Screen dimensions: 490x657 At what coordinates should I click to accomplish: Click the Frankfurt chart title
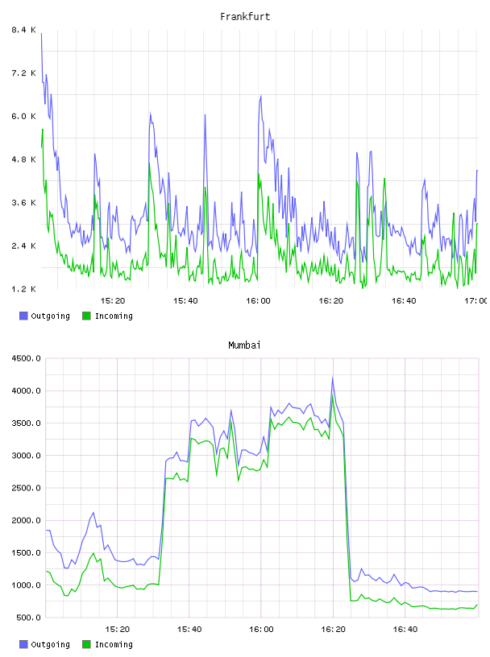pyautogui.click(x=245, y=16)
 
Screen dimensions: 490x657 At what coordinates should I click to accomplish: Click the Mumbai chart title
pyautogui.click(x=244, y=345)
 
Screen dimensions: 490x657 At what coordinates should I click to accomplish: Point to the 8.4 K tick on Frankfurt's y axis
pyautogui.click(x=23, y=30)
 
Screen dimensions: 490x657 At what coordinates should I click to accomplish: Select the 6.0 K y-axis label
pyautogui.click(x=23, y=116)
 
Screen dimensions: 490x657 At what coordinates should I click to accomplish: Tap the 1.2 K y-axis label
pyautogui.click(x=23, y=289)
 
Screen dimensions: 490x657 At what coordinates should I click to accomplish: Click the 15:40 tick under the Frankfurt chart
pyautogui.click(x=185, y=300)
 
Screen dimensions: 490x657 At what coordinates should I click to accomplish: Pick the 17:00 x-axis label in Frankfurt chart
pyautogui.click(x=475, y=300)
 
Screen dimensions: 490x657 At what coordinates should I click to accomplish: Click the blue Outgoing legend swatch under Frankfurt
pyautogui.click(x=23, y=316)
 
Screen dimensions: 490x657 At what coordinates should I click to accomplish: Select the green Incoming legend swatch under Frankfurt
pyautogui.click(x=86, y=316)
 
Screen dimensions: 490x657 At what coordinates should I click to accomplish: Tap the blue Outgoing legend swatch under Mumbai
pyautogui.click(x=23, y=644)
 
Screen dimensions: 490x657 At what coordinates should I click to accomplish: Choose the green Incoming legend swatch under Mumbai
pyautogui.click(x=86, y=644)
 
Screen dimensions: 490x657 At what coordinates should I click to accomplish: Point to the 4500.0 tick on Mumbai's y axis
pyautogui.click(x=26, y=358)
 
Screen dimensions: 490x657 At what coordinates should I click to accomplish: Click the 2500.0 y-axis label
pyautogui.click(x=26, y=488)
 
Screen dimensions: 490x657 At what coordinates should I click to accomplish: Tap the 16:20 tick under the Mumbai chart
pyautogui.click(x=333, y=629)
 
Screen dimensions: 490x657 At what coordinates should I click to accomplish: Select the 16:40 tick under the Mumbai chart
pyautogui.click(x=405, y=629)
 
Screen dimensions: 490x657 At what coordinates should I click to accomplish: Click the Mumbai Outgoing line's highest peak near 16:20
pyautogui.click(x=333, y=378)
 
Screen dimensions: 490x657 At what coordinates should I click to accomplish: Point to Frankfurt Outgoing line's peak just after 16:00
pyautogui.click(x=260, y=96)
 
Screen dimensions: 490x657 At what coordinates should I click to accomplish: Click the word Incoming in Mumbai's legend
pyautogui.click(x=114, y=644)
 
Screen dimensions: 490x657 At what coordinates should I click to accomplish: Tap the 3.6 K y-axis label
pyautogui.click(x=23, y=202)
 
